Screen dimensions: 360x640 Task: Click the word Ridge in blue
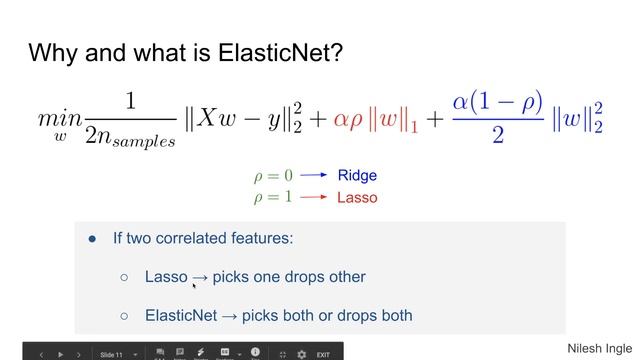coord(357,175)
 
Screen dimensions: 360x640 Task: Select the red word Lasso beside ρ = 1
coord(357,197)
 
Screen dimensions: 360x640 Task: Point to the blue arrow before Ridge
coord(314,175)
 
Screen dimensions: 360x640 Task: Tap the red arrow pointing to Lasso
coord(314,197)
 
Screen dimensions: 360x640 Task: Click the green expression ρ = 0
coord(273,175)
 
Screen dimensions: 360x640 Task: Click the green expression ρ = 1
coord(273,197)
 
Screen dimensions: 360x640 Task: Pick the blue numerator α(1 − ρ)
coord(497,102)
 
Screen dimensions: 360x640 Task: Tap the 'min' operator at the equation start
coord(58,117)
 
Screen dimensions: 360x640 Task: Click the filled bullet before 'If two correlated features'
coord(93,239)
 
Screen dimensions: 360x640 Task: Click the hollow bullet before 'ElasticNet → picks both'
coord(124,315)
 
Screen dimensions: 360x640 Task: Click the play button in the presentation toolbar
coord(61,354)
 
